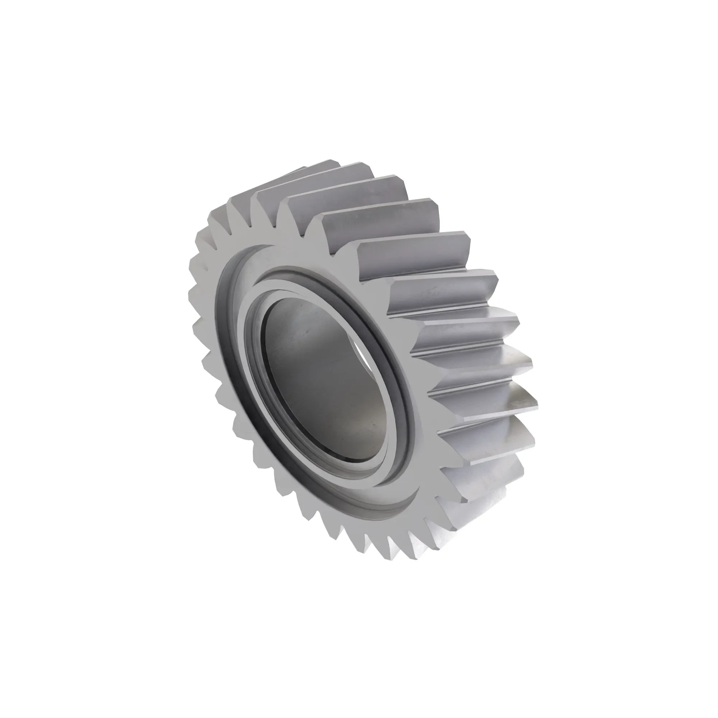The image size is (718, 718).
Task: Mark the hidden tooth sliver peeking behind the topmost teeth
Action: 294,171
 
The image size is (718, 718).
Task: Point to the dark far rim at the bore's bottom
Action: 357,461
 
